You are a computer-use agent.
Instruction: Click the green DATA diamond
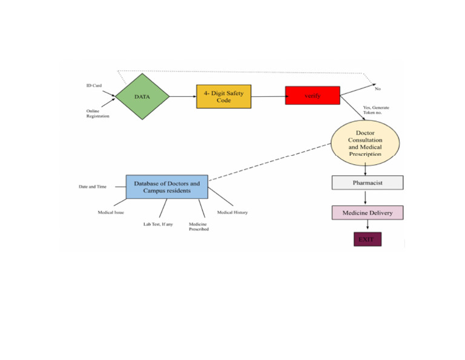pyautogui.click(x=142, y=96)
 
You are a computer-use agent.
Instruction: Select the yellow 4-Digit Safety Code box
pyautogui.click(x=223, y=96)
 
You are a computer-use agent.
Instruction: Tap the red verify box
pyautogui.click(x=312, y=96)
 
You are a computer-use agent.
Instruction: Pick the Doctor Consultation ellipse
pyautogui.click(x=365, y=144)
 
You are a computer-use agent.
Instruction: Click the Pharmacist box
pyautogui.click(x=366, y=182)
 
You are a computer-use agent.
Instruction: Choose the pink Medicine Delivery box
pyautogui.click(x=367, y=212)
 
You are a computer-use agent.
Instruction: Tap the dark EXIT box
pyautogui.click(x=367, y=239)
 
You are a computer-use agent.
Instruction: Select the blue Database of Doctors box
pyautogui.click(x=167, y=187)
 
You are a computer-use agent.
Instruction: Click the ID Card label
pyautogui.click(x=93, y=85)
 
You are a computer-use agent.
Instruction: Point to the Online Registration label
pyautogui.click(x=97, y=113)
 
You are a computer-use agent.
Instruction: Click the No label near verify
pyautogui.click(x=378, y=89)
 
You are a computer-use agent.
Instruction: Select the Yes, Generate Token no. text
pyautogui.click(x=377, y=110)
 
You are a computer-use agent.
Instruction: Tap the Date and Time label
pyautogui.click(x=93, y=187)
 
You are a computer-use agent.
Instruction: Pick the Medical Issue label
pyautogui.click(x=111, y=213)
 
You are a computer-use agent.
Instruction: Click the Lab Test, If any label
pyautogui.click(x=158, y=224)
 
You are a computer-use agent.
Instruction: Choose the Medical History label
pyautogui.click(x=232, y=213)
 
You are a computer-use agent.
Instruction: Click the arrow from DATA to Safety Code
pyautogui.click(x=182, y=96)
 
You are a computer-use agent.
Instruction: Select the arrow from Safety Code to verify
pyautogui.click(x=268, y=96)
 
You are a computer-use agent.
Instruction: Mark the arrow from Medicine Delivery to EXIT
pyautogui.click(x=367, y=225)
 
